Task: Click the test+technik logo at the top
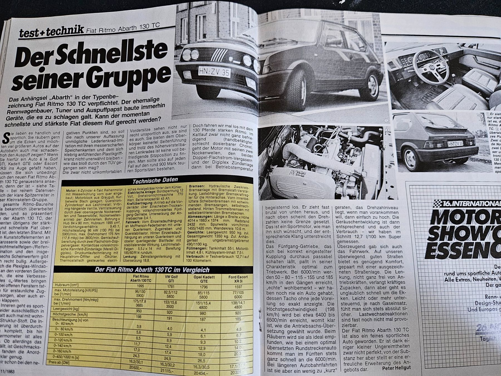(x=51, y=31)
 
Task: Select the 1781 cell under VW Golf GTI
(x=167, y=286)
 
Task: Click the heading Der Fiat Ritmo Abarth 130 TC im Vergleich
(x=152, y=270)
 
